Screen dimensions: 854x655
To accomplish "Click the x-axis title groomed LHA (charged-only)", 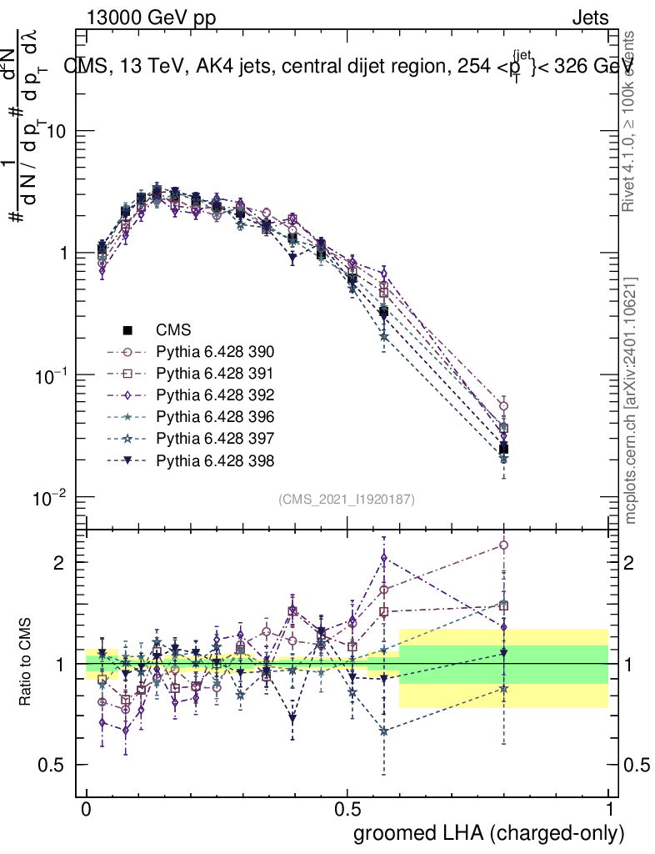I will click(x=490, y=832).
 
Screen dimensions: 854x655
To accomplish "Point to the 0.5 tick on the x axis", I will click(x=347, y=809).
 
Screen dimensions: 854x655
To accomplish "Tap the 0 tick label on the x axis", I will click(x=87, y=809).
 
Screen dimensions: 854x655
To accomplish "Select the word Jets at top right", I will click(x=590, y=18).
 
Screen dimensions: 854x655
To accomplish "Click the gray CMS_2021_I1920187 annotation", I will click(x=347, y=499).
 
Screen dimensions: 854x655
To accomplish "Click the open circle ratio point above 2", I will click(x=503, y=545).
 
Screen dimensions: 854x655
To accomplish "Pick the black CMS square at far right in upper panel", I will click(x=503, y=450).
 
